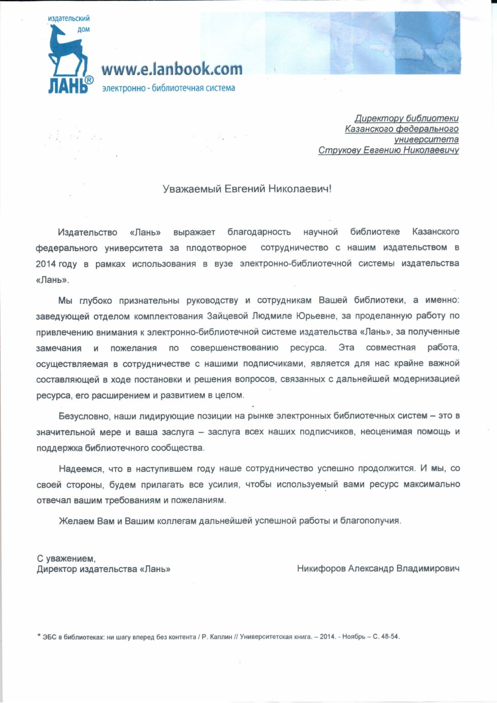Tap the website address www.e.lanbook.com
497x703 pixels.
(x=171, y=69)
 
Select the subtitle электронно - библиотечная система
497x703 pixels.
(x=168, y=88)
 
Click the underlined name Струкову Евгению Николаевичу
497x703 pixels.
(x=388, y=150)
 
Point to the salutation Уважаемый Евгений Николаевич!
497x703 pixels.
(x=247, y=189)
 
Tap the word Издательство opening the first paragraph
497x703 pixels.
(x=87, y=232)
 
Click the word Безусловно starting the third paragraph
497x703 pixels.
(x=84, y=416)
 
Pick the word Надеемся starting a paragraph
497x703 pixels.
(x=81, y=468)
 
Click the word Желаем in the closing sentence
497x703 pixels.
(x=73, y=521)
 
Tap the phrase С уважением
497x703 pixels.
(x=66, y=558)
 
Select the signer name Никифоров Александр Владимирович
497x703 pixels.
(x=378, y=569)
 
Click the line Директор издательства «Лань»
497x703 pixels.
(x=103, y=569)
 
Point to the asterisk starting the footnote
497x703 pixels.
(x=39, y=636)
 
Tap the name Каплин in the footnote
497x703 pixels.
(x=221, y=637)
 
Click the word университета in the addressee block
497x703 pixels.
(x=427, y=139)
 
